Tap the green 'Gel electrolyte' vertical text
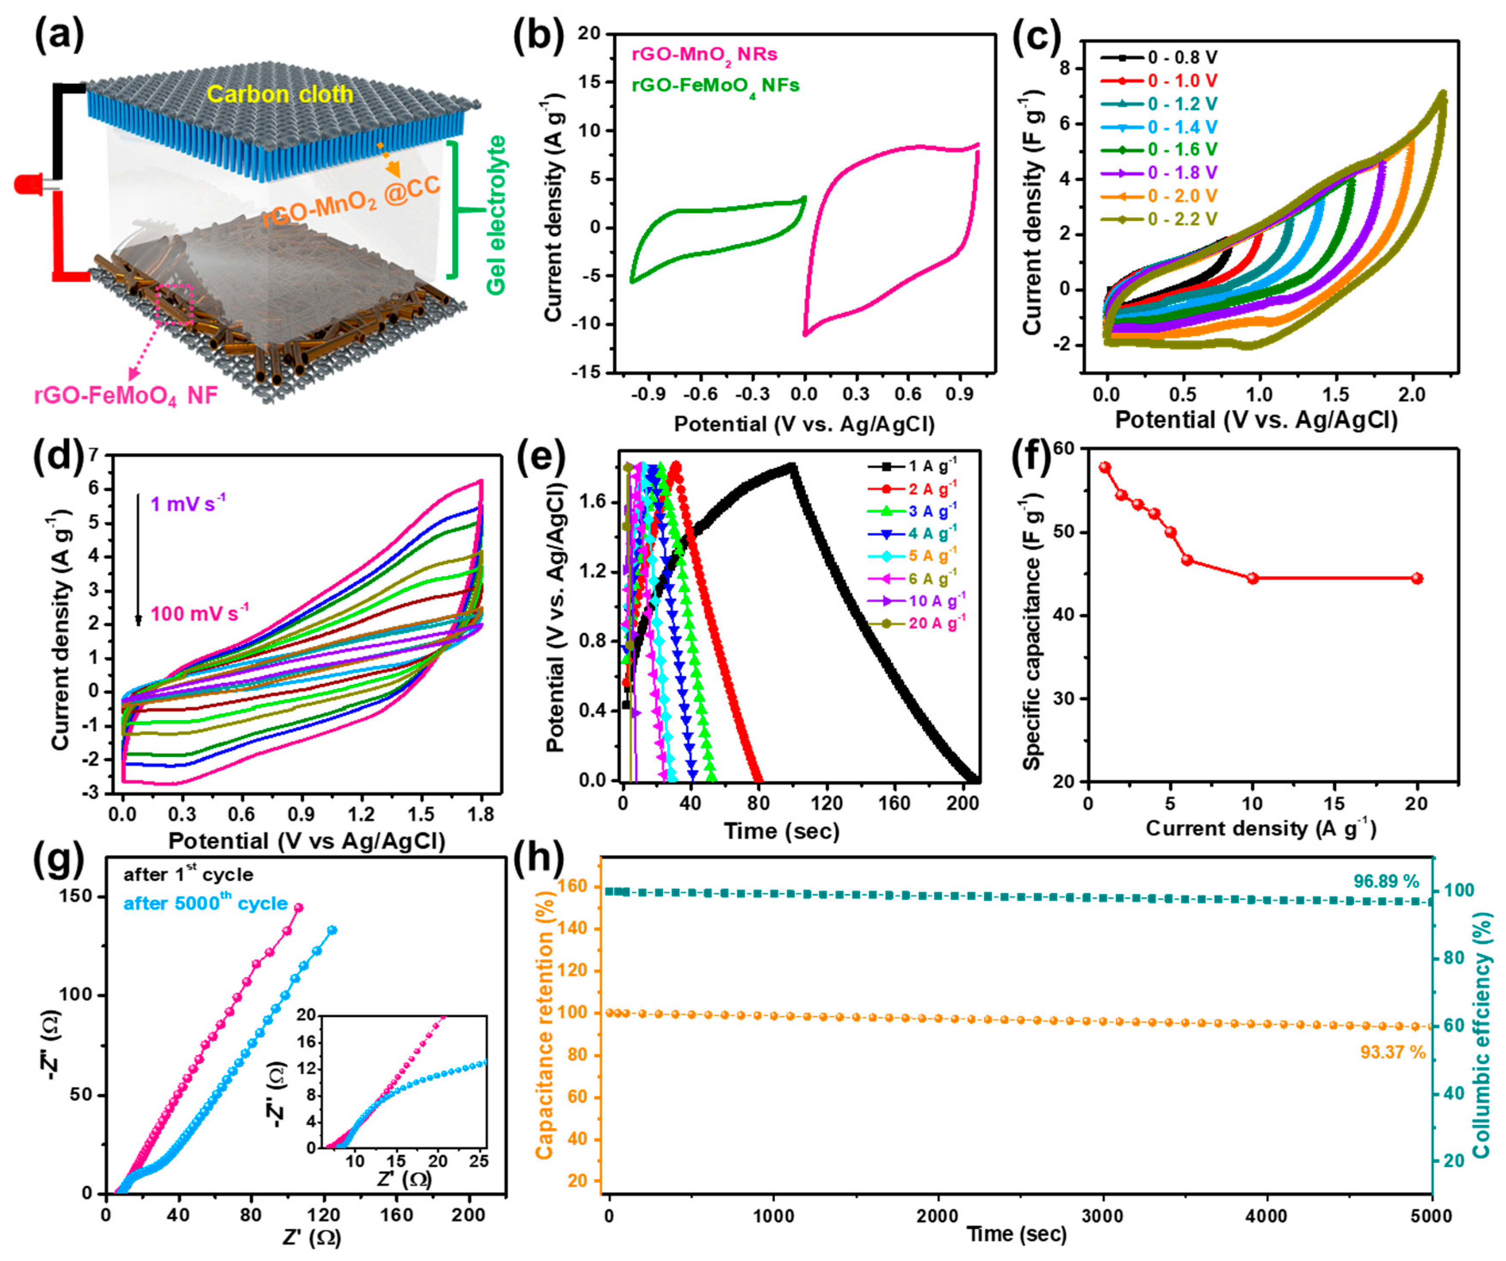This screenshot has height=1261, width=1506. pyautogui.click(x=496, y=214)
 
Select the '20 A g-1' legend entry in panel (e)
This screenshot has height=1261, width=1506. pyautogui.click(x=932, y=623)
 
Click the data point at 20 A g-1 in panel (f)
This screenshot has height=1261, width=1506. pyautogui.click(x=1417, y=578)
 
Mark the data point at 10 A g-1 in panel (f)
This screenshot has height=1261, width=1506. pyautogui.click(x=1253, y=578)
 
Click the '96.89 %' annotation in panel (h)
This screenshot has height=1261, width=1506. pyautogui.click(x=1386, y=881)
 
